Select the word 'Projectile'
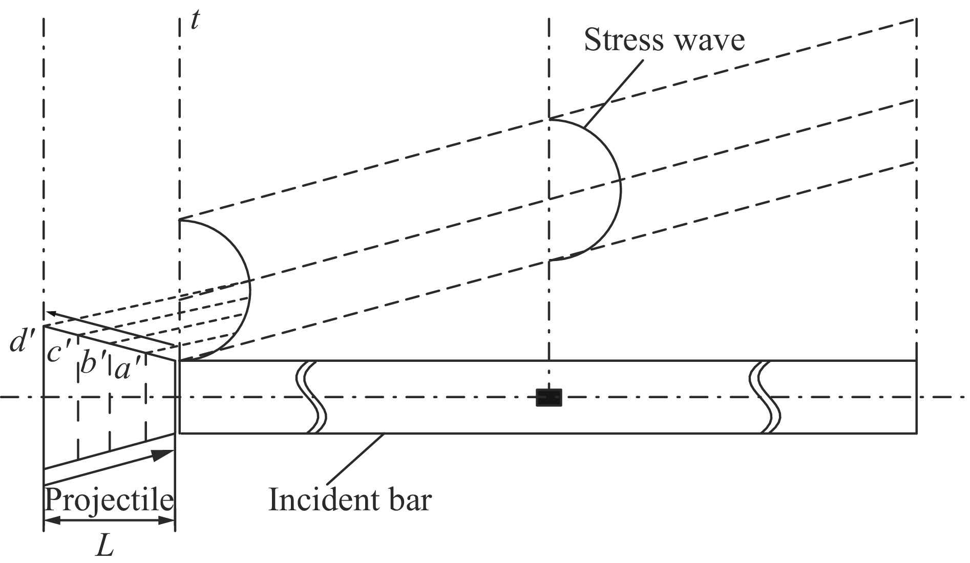[x=109, y=500]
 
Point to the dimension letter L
[x=106, y=547]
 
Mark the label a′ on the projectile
[x=128, y=370]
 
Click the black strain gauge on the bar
[x=549, y=398]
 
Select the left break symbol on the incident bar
[x=311, y=397]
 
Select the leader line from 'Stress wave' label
[x=613, y=93]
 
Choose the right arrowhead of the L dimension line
[x=167, y=521]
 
